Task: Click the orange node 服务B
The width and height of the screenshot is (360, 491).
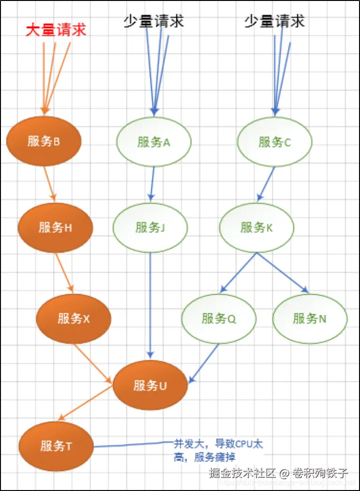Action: click(44, 141)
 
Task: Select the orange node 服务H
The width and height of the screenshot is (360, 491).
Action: click(55, 228)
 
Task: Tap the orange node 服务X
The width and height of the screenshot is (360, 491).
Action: click(74, 319)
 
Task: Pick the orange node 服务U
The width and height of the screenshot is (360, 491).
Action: click(150, 386)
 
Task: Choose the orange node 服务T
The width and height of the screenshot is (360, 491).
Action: click(56, 446)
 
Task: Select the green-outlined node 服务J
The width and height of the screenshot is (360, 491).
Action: click(150, 228)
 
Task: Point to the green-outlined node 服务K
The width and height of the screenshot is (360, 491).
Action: click(256, 228)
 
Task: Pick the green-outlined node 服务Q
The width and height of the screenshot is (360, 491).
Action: click(219, 319)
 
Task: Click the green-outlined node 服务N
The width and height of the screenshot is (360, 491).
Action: click(310, 319)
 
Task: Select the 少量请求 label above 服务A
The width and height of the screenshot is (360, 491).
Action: click(154, 20)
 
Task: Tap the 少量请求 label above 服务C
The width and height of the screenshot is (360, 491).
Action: click(275, 20)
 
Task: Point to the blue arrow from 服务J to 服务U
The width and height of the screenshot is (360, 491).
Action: click(150, 305)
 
